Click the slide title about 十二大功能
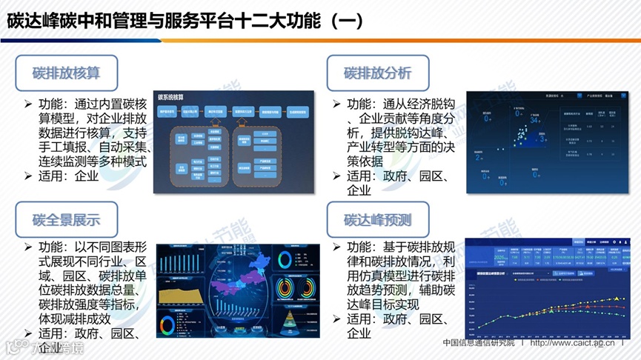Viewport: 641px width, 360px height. click(185, 20)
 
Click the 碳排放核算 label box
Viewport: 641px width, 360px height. click(66, 73)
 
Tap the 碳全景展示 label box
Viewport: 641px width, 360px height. click(66, 220)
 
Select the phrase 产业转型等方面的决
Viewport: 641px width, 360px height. click(401, 147)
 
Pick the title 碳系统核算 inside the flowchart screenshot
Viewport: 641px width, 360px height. click(176, 98)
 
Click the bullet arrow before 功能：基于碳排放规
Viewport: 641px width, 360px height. click(338, 248)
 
